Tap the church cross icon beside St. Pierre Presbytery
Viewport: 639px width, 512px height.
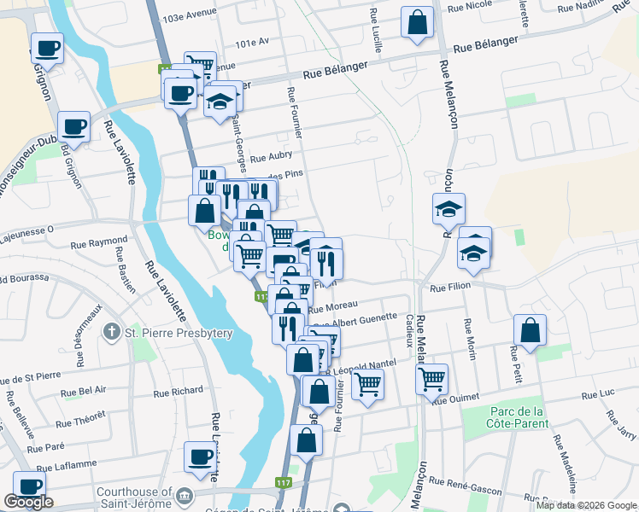pyautogui.click(x=111, y=331)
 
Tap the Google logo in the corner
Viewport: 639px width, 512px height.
pyautogui.click(x=28, y=502)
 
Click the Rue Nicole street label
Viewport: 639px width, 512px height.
pyautogui.click(x=478, y=4)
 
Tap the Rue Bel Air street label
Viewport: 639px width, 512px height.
pyautogui.click(x=85, y=389)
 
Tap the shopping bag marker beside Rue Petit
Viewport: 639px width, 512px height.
pyautogui.click(x=531, y=330)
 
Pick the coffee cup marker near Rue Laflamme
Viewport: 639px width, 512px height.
pyautogui.click(x=200, y=456)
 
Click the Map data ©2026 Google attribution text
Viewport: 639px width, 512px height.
pyautogui.click(x=585, y=505)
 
